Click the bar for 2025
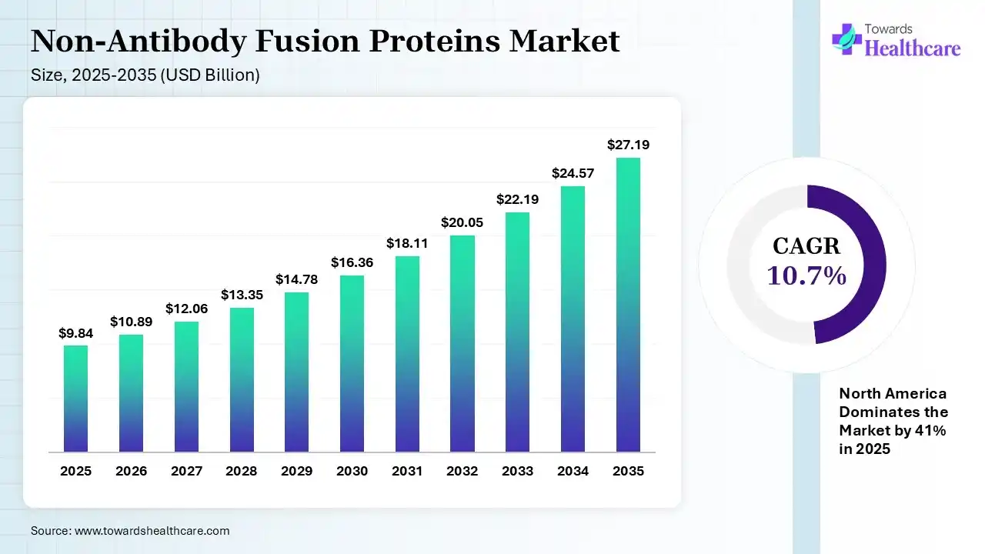[x=75, y=399]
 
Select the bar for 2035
[x=628, y=305]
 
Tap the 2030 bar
[x=352, y=363]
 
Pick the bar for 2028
[x=242, y=379]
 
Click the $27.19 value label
[x=628, y=145]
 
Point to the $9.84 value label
[x=75, y=333]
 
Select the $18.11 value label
[x=407, y=243]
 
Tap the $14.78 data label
[x=296, y=279]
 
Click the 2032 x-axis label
[x=462, y=471]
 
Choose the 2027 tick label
[x=186, y=471]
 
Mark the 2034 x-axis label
[x=573, y=471]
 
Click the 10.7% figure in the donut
[x=806, y=275]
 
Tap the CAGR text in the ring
[x=806, y=246]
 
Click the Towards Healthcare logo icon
[x=846, y=38]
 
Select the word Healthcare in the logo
[x=913, y=48]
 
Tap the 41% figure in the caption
[x=931, y=431]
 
